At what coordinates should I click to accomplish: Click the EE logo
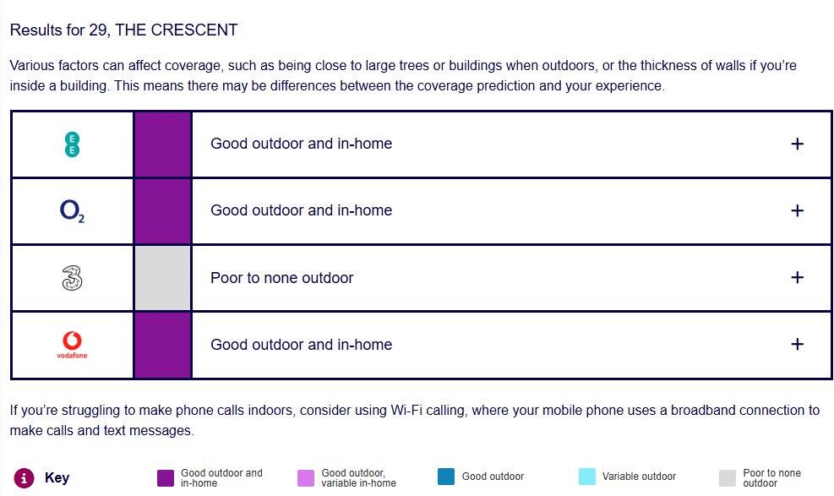[72, 144]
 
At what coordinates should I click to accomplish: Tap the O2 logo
[72, 211]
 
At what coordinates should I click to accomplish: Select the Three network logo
[72, 278]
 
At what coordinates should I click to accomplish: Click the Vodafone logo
[72, 345]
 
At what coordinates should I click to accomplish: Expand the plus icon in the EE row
[797, 144]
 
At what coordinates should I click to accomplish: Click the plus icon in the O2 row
[797, 210]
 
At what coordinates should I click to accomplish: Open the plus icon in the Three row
[797, 277]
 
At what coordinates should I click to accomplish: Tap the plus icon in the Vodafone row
[797, 344]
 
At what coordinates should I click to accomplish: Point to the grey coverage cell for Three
[163, 278]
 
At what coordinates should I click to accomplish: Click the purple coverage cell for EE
[163, 144]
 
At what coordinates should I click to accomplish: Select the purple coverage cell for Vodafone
[163, 345]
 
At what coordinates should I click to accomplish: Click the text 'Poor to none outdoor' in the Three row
[282, 278]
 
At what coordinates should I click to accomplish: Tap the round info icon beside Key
[24, 477]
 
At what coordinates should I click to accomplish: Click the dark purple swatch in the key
[166, 478]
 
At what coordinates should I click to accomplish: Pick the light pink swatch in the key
[306, 478]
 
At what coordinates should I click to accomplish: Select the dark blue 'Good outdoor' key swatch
[446, 477]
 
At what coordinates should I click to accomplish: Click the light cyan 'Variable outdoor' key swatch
[587, 477]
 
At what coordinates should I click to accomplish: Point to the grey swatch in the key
[728, 478]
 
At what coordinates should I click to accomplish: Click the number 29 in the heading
[98, 30]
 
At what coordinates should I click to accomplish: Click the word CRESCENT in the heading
[194, 30]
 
